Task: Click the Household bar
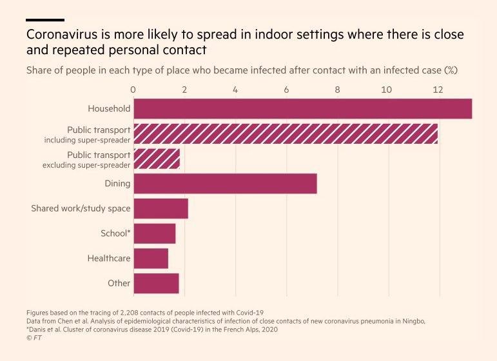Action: click(x=302, y=108)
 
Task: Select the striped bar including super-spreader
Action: click(x=286, y=133)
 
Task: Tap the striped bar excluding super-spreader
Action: click(x=157, y=159)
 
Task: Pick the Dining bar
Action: click(x=225, y=184)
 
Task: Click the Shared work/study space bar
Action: click(x=161, y=208)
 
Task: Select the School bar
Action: click(x=154, y=233)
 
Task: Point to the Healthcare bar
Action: click(x=151, y=259)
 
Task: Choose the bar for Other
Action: click(x=156, y=283)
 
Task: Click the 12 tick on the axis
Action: click(x=438, y=90)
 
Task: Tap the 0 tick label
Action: click(x=133, y=90)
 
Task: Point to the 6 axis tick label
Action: click(x=286, y=90)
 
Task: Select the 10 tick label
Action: click(x=387, y=90)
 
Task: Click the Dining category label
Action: click(x=117, y=184)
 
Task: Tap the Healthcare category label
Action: click(x=109, y=259)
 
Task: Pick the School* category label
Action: click(x=115, y=233)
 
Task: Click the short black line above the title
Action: click(x=45, y=20)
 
